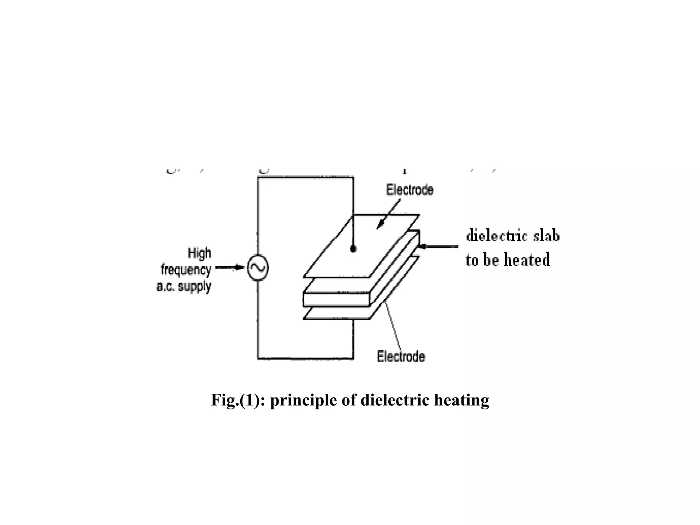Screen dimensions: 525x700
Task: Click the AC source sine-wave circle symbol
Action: pos(257,268)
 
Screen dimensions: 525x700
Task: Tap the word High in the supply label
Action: pos(199,254)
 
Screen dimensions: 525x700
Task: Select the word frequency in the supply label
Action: pos(186,270)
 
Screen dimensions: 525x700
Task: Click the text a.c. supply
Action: pos(184,286)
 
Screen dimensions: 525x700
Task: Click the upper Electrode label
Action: pos(409,190)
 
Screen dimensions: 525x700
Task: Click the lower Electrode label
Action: pos(401,356)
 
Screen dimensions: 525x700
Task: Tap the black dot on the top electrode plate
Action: pos(353,249)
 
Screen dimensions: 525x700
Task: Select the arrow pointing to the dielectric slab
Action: pos(439,246)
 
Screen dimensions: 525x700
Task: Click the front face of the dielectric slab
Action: pos(337,299)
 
